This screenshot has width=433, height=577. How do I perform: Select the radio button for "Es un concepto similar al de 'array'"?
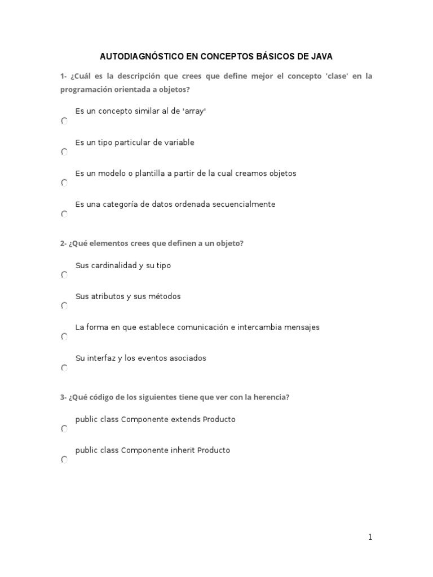64,121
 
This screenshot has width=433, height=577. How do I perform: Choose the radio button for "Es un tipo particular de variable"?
64,152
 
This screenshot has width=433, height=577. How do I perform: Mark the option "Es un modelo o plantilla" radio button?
64,183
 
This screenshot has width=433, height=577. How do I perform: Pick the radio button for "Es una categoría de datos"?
64,214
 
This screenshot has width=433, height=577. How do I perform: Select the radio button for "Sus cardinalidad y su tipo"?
64,275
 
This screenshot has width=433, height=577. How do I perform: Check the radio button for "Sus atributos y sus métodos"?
64,306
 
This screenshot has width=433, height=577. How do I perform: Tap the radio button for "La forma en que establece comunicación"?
64,337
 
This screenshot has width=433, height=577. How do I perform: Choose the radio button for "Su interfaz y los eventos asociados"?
64,368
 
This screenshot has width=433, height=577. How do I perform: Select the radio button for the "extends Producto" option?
64,429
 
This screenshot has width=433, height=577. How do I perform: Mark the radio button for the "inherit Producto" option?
64,460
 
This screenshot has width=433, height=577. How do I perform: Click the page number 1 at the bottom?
370,538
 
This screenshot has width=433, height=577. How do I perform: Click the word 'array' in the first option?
194,112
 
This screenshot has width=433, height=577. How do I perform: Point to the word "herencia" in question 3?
270,397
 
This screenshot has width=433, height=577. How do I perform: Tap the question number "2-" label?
63,243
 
